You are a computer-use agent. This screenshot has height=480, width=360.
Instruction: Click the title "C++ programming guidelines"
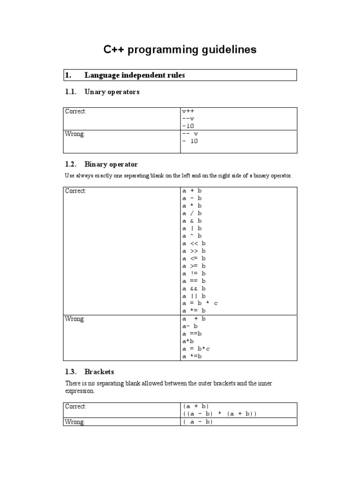(x=180, y=50)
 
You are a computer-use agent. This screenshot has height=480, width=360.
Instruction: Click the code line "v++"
(x=188, y=112)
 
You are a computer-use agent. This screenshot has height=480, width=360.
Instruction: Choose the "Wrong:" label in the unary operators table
(x=75, y=134)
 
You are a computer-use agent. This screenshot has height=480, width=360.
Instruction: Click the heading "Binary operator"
(x=111, y=164)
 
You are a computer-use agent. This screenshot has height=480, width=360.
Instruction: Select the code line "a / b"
(x=192, y=213)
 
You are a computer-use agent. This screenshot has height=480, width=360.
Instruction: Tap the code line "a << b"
(x=194, y=243)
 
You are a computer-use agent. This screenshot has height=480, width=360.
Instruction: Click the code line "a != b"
(x=194, y=273)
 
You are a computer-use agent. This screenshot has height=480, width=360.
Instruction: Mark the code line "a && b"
(x=194, y=288)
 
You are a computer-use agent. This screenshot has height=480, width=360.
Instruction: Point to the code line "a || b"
(x=194, y=296)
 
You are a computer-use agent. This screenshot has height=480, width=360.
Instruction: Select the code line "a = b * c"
(x=200, y=303)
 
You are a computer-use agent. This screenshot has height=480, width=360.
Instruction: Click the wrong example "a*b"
(x=188, y=341)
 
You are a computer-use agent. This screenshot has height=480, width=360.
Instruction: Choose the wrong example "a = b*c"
(x=196, y=349)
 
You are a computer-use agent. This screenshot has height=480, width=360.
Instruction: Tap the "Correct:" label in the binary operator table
(x=76, y=191)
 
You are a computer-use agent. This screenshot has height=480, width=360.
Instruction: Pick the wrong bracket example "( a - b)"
(x=198, y=422)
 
